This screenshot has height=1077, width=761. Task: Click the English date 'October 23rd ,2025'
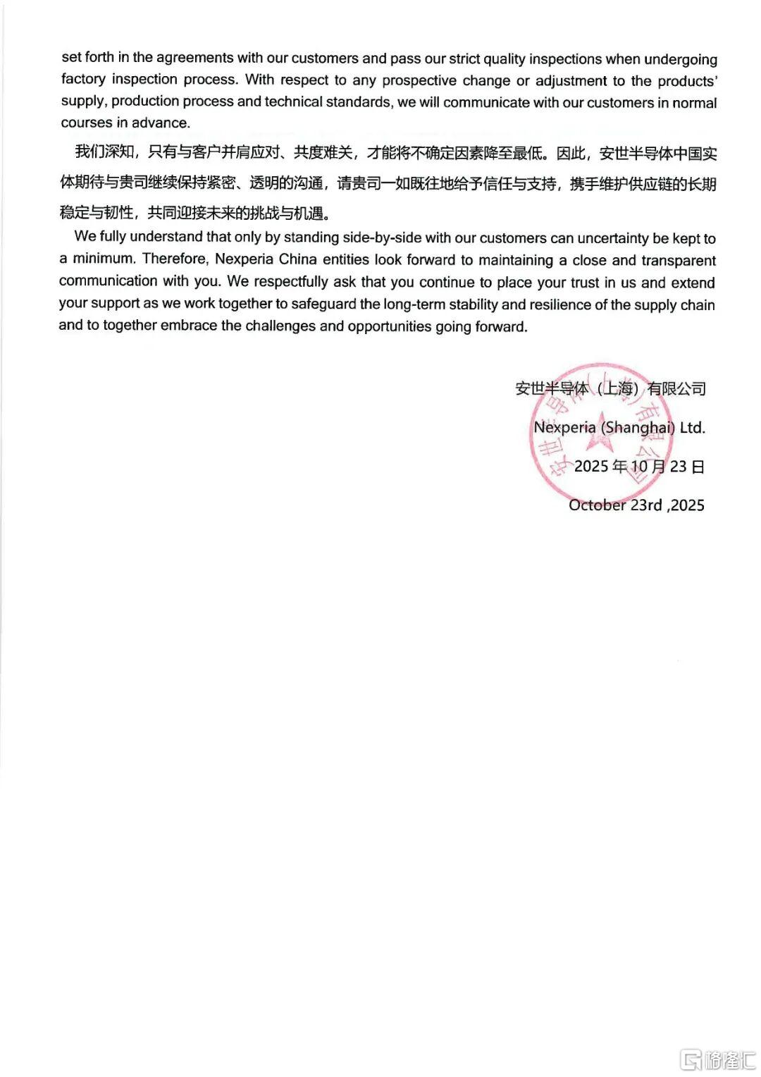click(636, 505)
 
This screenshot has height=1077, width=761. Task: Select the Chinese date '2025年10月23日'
click(639, 467)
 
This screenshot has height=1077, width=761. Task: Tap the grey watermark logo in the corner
click(718, 1059)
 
